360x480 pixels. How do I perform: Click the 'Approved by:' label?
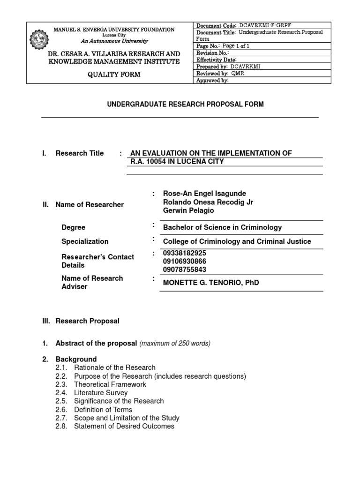(212, 81)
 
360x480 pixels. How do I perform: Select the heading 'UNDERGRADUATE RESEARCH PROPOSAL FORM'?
(180, 104)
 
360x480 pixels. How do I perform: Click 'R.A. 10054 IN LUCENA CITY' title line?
(177, 162)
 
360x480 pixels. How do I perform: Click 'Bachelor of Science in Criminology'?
(222, 227)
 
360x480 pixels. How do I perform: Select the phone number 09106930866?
(184, 261)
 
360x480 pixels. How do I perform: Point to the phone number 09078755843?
(184, 270)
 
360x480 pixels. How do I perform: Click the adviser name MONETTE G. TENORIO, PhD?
(210, 283)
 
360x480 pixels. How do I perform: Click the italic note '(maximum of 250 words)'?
(175, 344)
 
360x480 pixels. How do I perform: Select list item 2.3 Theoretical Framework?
(110, 384)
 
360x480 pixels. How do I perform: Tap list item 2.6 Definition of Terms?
(103, 410)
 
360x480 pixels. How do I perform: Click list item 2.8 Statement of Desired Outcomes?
(124, 426)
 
